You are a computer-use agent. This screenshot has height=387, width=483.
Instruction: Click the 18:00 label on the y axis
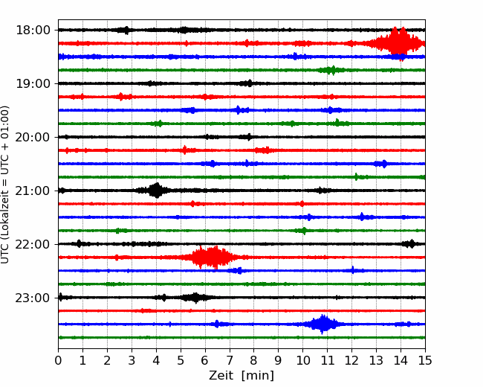coord(33,31)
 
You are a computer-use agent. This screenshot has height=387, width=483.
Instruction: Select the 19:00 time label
coord(33,83)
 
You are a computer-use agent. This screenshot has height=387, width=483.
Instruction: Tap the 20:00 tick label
coord(33,138)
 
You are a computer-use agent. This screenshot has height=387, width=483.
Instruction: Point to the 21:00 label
coord(33,191)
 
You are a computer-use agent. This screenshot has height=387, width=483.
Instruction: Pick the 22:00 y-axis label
coord(33,244)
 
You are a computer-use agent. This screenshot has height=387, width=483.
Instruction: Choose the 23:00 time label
coord(33,298)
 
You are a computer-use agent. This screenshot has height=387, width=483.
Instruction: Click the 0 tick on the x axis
coord(58,360)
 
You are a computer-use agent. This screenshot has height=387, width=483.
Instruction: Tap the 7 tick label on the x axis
coord(230,360)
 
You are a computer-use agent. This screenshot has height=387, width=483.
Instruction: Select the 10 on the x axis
coord(302,360)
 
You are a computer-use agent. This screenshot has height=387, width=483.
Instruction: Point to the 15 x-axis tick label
coord(425,360)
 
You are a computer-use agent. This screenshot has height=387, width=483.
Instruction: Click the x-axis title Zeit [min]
coord(241,376)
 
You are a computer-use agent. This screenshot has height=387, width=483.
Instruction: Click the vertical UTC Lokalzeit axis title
coord(4,185)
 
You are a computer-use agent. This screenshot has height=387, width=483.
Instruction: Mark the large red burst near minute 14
coord(398,43)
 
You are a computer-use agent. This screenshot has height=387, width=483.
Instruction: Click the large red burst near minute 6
coord(213,257)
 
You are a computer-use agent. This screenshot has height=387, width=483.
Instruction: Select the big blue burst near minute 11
coord(322,324)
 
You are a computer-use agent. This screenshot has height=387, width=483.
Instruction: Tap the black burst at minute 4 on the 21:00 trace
coord(157,191)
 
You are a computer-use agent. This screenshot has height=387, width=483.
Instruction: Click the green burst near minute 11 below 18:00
coord(331,70)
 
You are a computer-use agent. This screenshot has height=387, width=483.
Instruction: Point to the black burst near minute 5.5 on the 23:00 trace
coord(195,298)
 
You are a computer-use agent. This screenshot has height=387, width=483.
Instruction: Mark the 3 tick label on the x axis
coord(132,360)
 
